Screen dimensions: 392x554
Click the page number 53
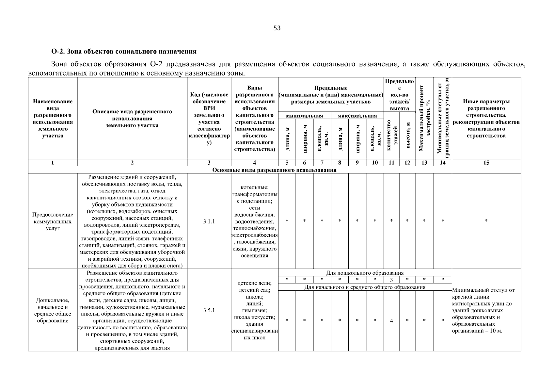pos(277,28)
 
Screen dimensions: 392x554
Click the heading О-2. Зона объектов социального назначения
pos(124,51)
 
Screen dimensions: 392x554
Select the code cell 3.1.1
pos(209,221)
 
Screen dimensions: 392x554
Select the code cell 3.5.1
pos(209,310)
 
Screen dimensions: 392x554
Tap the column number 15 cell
pos(486,162)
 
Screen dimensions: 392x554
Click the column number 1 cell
pos(53,162)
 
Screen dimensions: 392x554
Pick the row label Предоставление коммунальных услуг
pos(53,221)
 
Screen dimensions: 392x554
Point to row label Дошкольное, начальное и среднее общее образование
pos(53,310)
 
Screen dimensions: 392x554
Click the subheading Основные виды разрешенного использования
pos(274,170)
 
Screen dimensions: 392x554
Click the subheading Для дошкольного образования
pos(365,273)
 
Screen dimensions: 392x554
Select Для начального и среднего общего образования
pos(365,287)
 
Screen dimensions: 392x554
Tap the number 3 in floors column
pos(391,280)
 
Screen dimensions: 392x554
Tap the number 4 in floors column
pos(391,321)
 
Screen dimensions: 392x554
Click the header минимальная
pos(304,116)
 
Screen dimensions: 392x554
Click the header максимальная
pos(357,116)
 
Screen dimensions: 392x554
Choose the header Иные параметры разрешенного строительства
pos(486,118)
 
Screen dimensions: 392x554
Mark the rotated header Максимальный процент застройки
pos(424,118)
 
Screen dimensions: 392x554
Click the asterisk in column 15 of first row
pos(486,221)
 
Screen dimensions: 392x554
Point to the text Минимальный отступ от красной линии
pos(483,293)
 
